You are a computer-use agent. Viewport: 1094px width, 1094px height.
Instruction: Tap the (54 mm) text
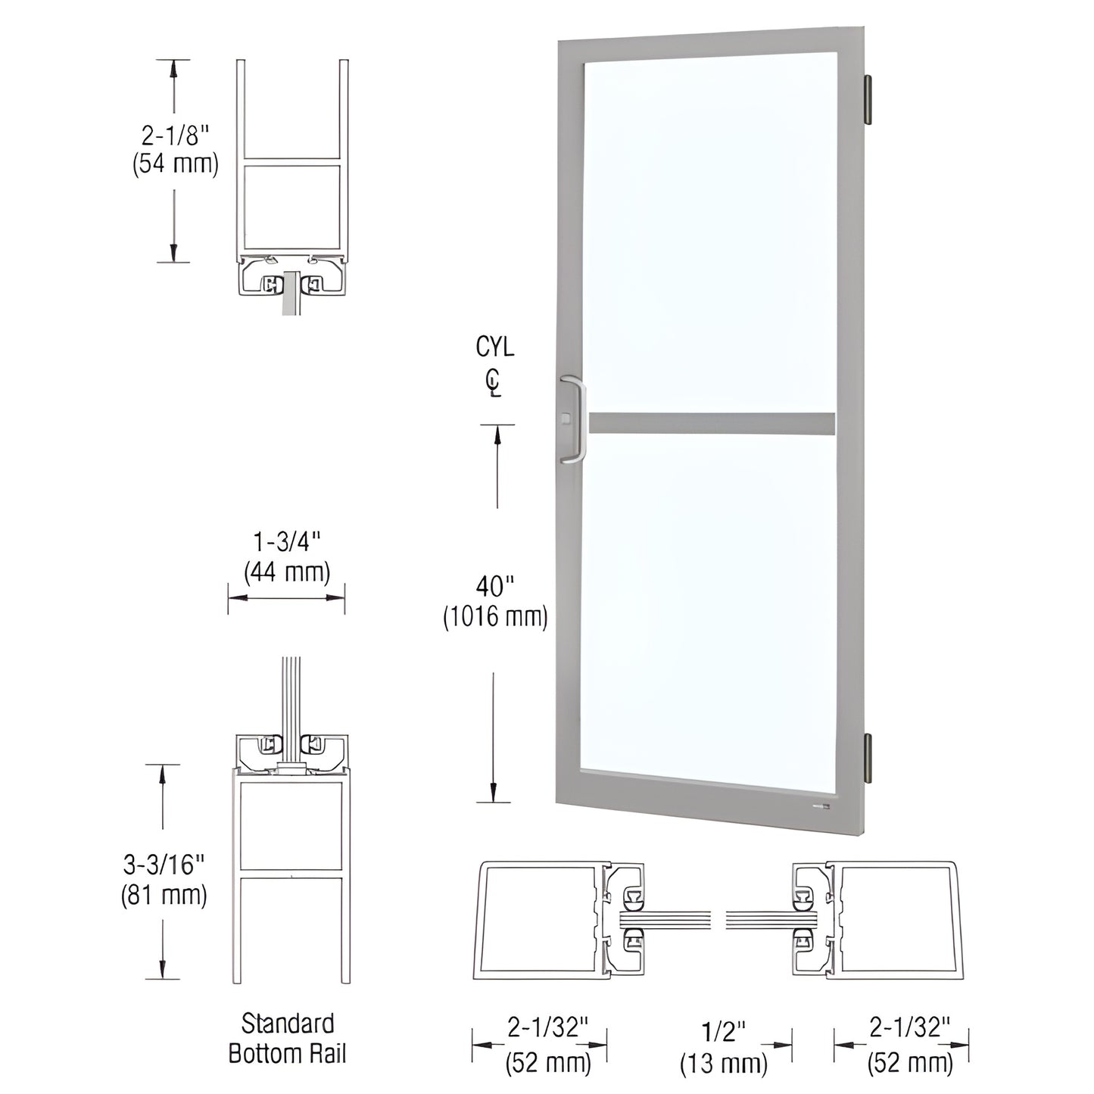click(175, 164)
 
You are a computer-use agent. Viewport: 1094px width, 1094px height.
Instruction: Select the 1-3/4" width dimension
click(287, 542)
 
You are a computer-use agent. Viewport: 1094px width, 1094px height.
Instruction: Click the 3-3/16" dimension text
click(164, 864)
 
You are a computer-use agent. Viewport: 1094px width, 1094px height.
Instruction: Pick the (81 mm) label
click(164, 895)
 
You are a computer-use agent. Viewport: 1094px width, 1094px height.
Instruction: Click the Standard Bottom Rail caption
click(287, 1038)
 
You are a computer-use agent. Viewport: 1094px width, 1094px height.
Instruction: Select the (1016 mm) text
click(495, 616)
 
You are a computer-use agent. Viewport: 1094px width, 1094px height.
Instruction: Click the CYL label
click(494, 347)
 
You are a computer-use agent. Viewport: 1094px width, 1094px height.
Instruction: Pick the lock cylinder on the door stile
click(566, 417)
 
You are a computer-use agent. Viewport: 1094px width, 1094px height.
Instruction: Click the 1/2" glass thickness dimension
click(724, 1031)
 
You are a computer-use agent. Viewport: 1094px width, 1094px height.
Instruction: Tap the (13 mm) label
click(724, 1063)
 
